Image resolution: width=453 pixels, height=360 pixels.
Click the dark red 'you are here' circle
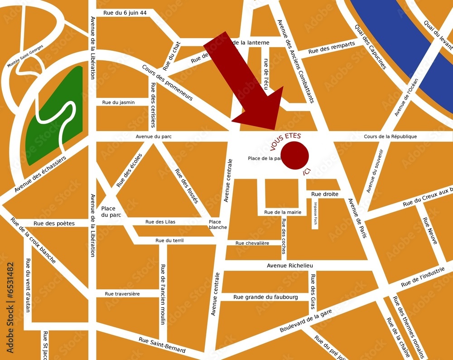(x=295, y=155)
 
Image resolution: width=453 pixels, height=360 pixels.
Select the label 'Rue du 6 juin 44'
(x=125, y=13)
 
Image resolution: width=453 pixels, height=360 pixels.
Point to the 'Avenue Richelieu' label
(x=290, y=266)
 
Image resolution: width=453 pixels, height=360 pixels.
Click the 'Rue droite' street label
(x=325, y=194)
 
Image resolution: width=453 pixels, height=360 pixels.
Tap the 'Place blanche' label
(x=217, y=224)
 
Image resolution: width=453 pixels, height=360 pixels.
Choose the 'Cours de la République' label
(x=390, y=136)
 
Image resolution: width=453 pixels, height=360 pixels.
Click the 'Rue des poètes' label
(x=54, y=223)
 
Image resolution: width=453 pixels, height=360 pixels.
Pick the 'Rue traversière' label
(x=122, y=294)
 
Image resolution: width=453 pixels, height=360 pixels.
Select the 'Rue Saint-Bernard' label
(x=162, y=345)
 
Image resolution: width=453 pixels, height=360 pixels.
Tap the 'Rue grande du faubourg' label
(x=265, y=297)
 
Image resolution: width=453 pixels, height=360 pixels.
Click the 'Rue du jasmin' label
(x=118, y=102)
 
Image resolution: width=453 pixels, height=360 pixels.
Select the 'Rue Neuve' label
(x=430, y=231)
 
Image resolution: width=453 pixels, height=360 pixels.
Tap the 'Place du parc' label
(x=111, y=212)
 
